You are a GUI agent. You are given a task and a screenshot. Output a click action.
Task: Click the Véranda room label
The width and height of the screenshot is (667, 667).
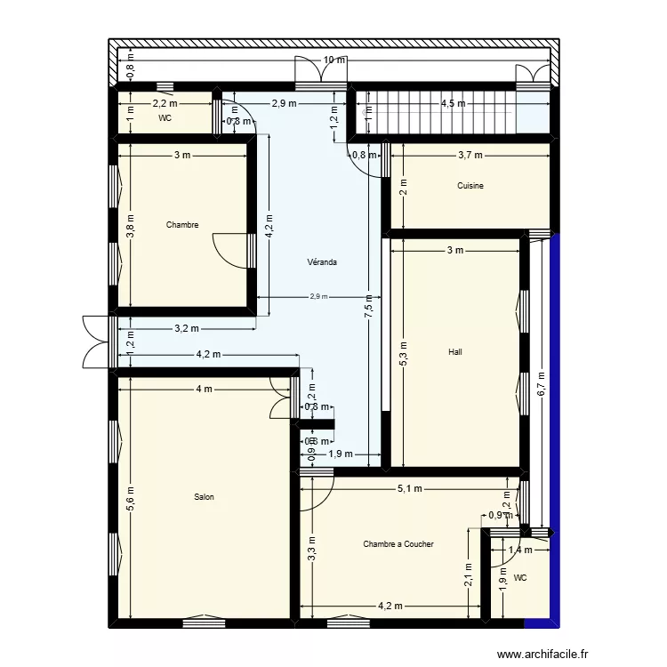click(x=321, y=262)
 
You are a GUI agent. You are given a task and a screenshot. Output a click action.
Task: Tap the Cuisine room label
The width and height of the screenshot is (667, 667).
click(x=470, y=186)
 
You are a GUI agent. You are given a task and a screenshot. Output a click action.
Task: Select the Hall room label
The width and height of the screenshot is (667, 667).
click(x=455, y=352)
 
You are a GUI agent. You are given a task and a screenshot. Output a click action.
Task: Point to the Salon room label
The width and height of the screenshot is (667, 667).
click(x=204, y=497)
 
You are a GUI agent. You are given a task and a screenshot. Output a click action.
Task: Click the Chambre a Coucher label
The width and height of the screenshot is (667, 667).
click(x=398, y=544)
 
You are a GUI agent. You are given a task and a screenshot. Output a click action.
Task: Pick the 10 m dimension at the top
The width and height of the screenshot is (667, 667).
click(x=333, y=60)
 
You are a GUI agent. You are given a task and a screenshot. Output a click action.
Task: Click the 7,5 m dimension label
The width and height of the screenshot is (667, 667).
click(x=368, y=309)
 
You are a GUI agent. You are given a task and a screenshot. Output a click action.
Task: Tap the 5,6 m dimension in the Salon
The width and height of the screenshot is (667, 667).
click(x=129, y=497)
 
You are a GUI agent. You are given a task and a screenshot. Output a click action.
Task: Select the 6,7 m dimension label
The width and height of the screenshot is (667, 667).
click(x=540, y=383)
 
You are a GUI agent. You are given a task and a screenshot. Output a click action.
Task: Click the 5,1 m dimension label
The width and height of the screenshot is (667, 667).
click(x=410, y=488)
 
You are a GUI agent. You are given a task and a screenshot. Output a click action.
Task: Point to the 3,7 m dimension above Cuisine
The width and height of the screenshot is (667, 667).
click(x=470, y=156)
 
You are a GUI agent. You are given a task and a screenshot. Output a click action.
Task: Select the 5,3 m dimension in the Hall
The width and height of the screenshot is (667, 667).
click(x=403, y=353)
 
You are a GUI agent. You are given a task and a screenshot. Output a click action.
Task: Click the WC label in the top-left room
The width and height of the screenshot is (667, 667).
click(x=165, y=117)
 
